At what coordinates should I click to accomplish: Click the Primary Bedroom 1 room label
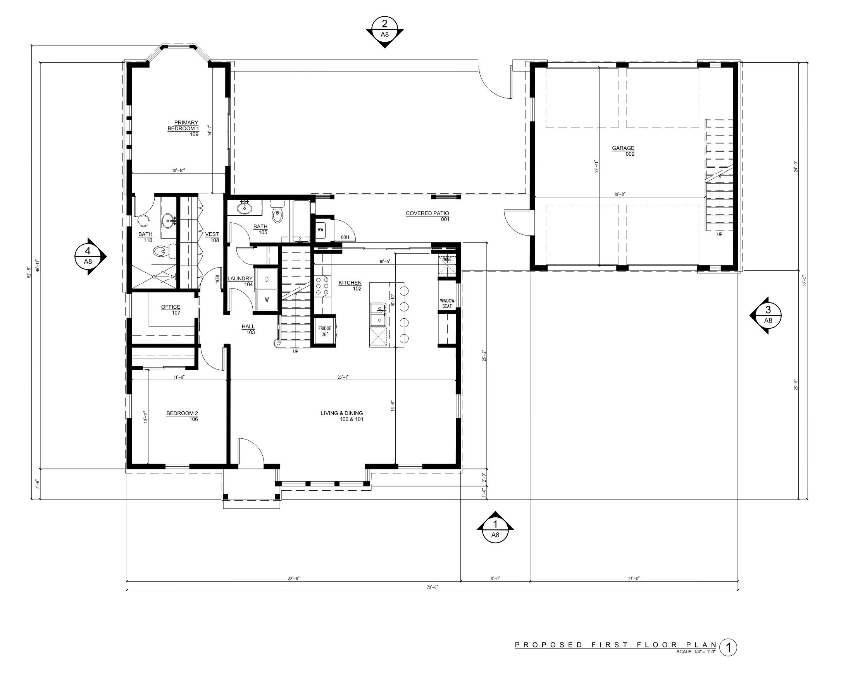[x=184, y=128]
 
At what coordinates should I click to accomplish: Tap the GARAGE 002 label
[x=623, y=151]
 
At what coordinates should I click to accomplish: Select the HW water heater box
[x=320, y=230]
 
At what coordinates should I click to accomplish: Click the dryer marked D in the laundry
[x=267, y=279]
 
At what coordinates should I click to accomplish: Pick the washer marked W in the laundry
[x=267, y=300]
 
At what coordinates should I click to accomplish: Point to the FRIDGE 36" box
[x=324, y=331]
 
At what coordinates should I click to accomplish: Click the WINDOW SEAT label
[x=447, y=303]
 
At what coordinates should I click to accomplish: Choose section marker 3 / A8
[x=768, y=315]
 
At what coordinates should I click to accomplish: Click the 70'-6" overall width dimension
[x=432, y=587]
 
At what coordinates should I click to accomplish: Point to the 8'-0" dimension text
[x=495, y=579]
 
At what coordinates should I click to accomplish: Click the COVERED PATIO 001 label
[x=427, y=216]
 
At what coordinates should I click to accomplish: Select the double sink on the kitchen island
[x=377, y=314]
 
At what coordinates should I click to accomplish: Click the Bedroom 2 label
[x=183, y=416]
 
